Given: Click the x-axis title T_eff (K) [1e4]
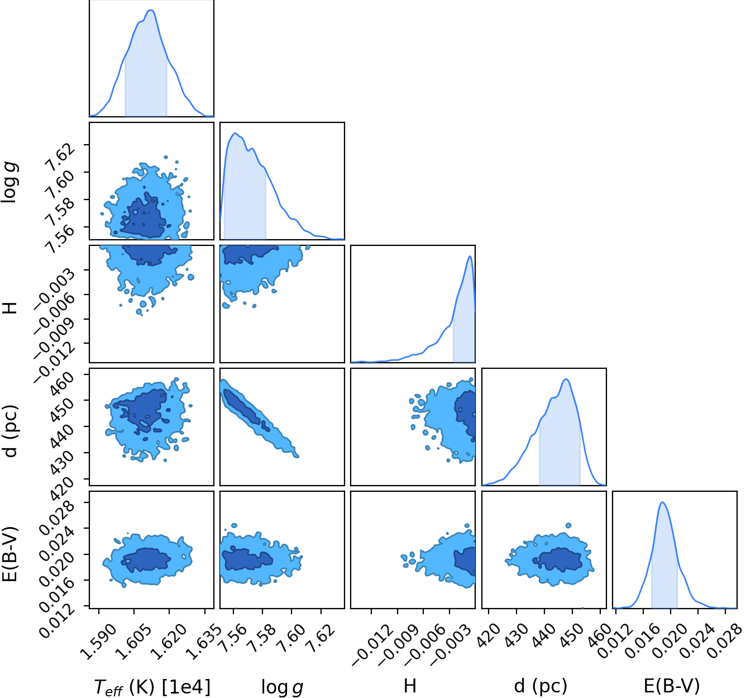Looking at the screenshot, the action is tap(152, 687).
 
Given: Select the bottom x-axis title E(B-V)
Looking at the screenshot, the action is tap(672, 686).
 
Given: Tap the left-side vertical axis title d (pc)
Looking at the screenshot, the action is tap(11, 431).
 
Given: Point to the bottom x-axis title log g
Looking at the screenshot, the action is tap(282, 687).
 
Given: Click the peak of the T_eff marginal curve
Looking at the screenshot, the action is tap(151, 10).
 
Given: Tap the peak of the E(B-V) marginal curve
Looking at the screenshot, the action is tap(662, 502).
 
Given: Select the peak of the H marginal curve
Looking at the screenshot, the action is tap(470, 256).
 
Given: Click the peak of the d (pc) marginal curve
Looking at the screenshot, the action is tap(566, 379).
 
